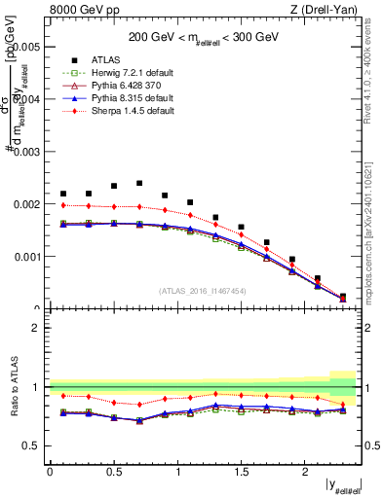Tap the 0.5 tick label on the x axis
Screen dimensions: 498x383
[x=114, y=471]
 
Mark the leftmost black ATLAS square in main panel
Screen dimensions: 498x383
[x=63, y=194]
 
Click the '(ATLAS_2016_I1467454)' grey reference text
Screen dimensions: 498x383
[x=203, y=290]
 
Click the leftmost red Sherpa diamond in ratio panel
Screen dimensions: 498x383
[x=63, y=395]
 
